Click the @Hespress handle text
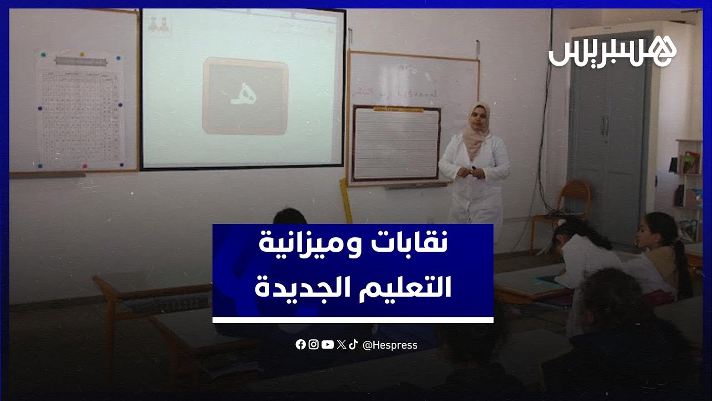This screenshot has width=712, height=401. (390, 345)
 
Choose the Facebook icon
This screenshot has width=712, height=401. (300, 345)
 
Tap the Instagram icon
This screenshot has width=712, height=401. (314, 345)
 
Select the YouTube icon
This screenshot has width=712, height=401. (328, 345)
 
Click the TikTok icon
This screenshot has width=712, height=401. (353, 345)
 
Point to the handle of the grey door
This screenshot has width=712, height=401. (605, 125)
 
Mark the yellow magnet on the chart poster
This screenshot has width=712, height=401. (82, 55)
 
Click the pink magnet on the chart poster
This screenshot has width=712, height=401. (85, 165)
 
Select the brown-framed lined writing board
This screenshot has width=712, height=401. (395, 143)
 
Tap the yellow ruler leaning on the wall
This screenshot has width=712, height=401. (346, 200)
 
